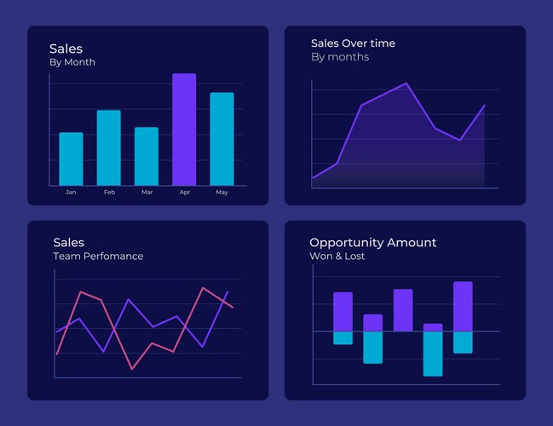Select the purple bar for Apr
(x=184, y=130)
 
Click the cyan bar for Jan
(x=71, y=159)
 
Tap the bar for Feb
(x=108, y=147)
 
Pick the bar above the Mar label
(x=147, y=156)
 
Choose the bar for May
(x=222, y=139)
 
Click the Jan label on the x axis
(x=71, y=193)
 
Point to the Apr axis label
(x=184, y=193)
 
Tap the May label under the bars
(x=222, y=193)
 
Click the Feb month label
(x=109, y=193)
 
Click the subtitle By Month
(x=72, y=62)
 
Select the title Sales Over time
(x=353, y=43)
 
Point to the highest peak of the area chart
(x=406, y=83)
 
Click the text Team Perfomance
(x=98, y=256)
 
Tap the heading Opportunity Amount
(x=372, y=243)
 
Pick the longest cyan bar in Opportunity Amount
(x=433, y=354)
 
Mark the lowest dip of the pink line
(x=132, y=369)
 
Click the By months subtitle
(x=340, y=57)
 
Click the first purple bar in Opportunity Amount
(x=343, y=312)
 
